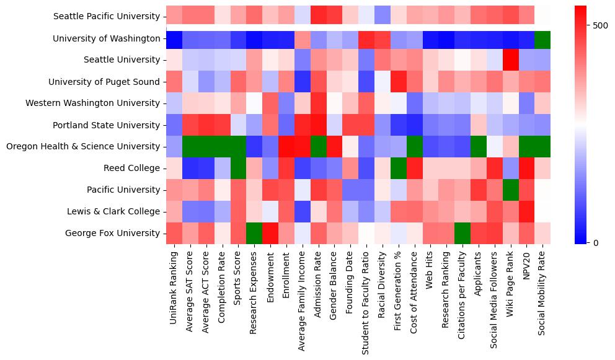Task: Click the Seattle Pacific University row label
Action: click(107, 17)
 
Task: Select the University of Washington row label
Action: click(107, 38)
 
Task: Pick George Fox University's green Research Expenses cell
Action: click(254, 234)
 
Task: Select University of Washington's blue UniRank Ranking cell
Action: click(174, 38)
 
